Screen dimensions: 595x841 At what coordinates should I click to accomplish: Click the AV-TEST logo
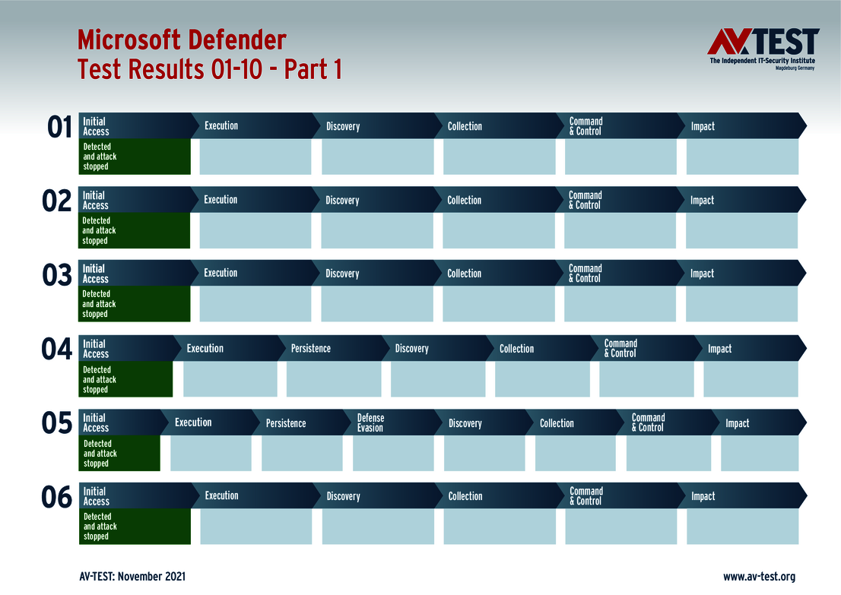coord(763,49)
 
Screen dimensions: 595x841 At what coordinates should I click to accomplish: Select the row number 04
coord(57,350)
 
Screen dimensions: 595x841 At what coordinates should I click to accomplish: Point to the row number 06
coord(57,498)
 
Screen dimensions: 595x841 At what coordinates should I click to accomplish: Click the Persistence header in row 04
coord(311,349)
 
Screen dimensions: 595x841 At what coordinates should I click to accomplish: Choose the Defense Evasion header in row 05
coord(371,423)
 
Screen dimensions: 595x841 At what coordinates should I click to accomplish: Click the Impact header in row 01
coord(703,126)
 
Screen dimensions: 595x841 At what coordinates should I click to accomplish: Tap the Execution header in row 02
coord(221,200)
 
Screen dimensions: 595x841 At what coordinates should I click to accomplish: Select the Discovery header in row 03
coord(342,274)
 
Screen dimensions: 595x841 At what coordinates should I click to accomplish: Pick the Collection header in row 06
coord(465,496)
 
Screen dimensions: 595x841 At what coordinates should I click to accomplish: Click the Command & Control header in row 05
coord(649,423)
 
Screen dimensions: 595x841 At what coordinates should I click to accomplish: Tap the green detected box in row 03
coord(135,304)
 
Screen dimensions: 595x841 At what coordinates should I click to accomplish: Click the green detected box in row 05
coord(120,454)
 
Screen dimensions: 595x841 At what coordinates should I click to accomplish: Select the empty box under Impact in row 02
coord(741,230)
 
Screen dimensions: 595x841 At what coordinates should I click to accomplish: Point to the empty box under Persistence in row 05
coord(302,454)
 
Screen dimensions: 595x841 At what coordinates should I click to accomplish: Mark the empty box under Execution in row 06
coord(255,527)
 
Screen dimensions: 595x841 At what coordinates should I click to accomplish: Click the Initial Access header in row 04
coord(96,349)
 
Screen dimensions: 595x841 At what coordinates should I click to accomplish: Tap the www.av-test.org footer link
coord(759,577)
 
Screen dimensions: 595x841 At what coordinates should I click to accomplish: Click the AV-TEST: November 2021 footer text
coord(132,577)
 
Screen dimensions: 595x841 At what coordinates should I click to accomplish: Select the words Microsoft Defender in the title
coord(182,40)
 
